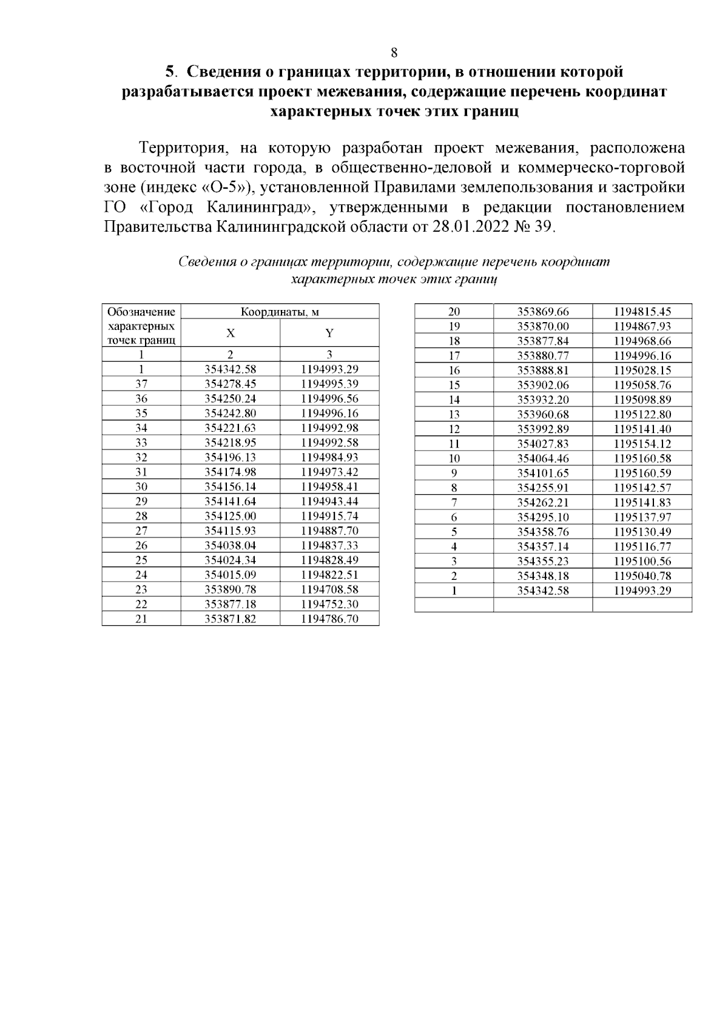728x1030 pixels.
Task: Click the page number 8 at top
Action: (394, 52)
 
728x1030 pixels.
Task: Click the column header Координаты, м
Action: (280, 312)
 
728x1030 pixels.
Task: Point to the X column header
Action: (231, 333)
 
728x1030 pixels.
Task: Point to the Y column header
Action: (329, 333)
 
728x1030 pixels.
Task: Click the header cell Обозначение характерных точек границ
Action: (141, 326)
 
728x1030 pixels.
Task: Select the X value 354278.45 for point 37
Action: (231, 384)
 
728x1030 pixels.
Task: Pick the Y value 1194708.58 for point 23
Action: (329, 590)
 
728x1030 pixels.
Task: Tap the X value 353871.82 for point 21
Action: (231, 619)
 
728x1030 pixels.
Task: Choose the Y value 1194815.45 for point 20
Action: (642, 312)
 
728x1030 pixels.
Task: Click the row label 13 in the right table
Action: (454, 414)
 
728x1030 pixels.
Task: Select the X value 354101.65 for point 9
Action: (543, 473)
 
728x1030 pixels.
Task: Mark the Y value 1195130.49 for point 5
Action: (642, 532)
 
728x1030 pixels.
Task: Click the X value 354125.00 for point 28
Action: (231, 516)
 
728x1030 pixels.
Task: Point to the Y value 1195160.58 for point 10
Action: (642, 459)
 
